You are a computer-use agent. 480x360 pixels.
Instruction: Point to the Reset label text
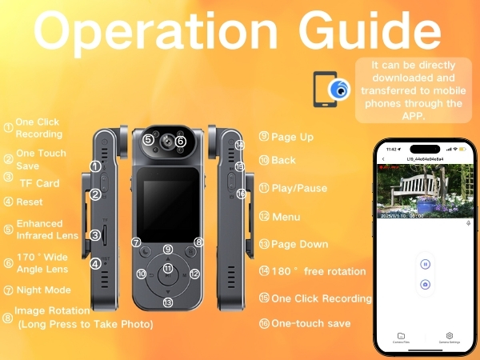[30, 202]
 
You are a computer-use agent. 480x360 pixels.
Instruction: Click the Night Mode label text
[43, 290]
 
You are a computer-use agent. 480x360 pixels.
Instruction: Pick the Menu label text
[286, 217]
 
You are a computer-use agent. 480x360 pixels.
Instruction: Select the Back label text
[283, 160]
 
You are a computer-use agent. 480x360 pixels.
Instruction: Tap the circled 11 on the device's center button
[168, 268]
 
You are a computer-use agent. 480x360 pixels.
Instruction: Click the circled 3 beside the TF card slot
[95, 235]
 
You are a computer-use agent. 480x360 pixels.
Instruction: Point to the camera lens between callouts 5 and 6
[165, 141]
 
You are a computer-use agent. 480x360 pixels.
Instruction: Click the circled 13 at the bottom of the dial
[168, 302]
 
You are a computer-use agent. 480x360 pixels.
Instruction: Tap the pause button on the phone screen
[425, 263]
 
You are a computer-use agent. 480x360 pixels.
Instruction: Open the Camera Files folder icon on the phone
[402, 336]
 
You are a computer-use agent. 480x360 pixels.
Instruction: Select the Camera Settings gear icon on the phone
[450, 336]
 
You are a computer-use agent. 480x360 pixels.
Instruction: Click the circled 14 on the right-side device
[239, 146]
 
